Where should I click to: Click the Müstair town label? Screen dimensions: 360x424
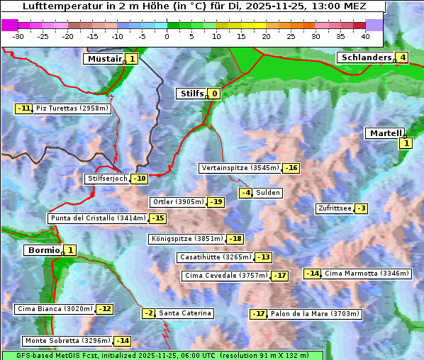point(104,59)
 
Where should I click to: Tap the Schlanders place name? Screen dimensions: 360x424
point(365,57)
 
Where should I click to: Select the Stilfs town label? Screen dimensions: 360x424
point(191,94)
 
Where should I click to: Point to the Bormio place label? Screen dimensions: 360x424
point(43,250)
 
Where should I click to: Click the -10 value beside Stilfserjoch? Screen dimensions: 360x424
point(140,179)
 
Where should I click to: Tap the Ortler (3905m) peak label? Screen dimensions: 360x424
point(178,202)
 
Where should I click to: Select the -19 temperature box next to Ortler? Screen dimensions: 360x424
point(216,202)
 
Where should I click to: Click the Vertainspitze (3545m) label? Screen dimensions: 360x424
point(240,168)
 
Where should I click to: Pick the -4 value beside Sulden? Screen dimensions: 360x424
point(245,193)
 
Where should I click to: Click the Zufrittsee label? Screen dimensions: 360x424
point(334,208)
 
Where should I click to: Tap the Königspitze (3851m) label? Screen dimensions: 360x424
point(187,239)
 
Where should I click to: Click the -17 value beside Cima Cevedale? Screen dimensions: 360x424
point(280,276)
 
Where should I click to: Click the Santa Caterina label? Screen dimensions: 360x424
point(184,313)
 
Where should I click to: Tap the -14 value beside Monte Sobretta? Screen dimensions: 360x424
point(123,341)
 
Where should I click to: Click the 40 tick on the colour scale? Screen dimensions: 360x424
point(365,36)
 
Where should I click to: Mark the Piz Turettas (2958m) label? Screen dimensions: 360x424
point(72,108)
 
